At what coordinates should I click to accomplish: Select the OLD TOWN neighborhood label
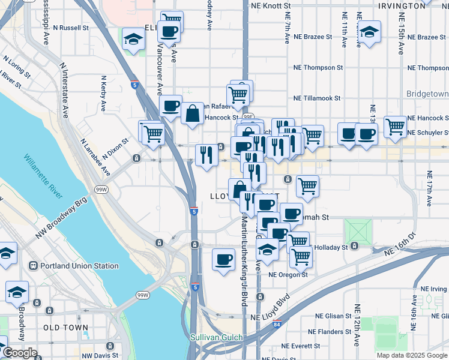tap(66, 327)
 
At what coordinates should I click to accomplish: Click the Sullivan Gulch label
tap(217, 338)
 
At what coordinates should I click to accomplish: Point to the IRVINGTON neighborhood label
tap(402, 6)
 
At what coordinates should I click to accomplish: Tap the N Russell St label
tap(70, 28)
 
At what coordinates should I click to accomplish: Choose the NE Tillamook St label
tap(317, 98)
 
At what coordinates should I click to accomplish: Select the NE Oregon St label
tap(288, 275)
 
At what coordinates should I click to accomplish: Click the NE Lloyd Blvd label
tap(270, 316)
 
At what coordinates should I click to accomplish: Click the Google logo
tap(19, 353)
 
